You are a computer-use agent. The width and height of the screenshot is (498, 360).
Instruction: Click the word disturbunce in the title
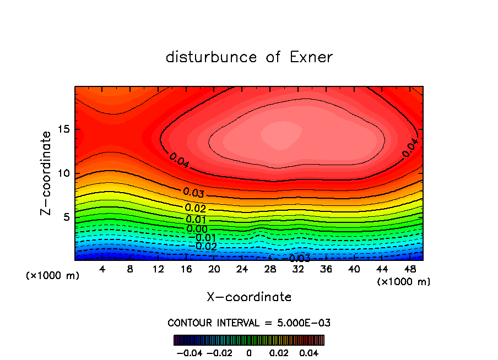212,57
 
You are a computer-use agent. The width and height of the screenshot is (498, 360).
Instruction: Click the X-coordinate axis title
249,297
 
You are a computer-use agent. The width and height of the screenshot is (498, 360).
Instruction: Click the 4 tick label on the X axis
102,269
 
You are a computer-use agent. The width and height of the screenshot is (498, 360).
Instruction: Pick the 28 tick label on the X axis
270,269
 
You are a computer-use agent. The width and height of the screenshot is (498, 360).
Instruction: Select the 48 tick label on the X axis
409,269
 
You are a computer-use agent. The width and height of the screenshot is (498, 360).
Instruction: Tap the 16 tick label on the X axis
186,269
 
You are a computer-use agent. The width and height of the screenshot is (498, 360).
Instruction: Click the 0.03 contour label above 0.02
194,193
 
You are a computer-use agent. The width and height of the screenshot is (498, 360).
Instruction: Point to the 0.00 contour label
197,229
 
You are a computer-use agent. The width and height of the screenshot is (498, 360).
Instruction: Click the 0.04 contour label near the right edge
411,148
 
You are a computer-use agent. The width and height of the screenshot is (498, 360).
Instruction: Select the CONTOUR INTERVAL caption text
249,323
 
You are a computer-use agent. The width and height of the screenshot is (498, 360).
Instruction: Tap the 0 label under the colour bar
249,352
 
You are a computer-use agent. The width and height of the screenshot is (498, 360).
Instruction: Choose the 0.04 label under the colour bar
309,352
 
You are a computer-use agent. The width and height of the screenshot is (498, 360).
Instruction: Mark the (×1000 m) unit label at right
404,282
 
